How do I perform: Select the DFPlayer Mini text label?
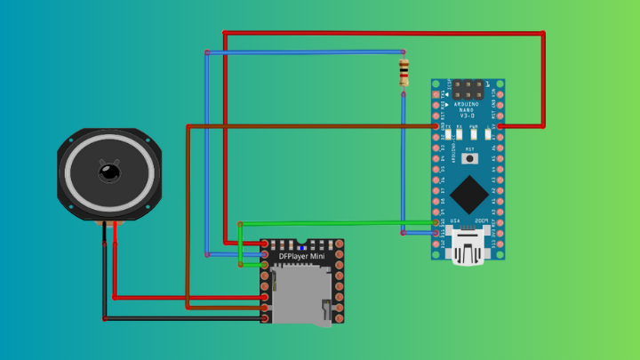coord(301,257)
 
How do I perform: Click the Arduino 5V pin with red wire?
coord(500,126)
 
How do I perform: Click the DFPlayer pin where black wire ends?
coord(266,317)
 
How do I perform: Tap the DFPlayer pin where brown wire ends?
coord(266,307)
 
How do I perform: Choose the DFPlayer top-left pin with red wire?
coord(266,244)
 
